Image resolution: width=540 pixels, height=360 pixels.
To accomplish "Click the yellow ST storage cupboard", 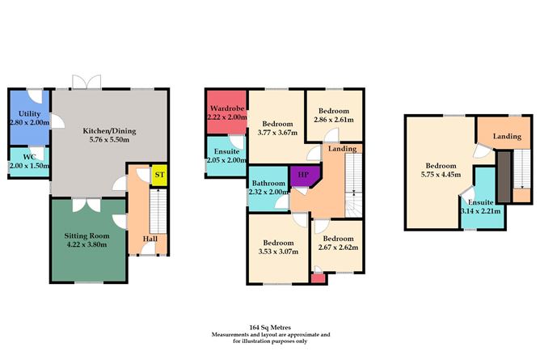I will [159, 174].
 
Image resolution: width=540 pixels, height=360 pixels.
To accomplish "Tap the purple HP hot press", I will [304, 176].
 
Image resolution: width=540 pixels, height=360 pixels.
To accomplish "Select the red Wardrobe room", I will [226, 112].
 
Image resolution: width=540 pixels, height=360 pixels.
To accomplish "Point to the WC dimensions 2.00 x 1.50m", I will [29, 165].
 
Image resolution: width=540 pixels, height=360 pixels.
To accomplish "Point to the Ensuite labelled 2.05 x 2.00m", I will [225, 155].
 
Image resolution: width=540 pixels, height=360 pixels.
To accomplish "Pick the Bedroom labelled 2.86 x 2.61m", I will [333, 114].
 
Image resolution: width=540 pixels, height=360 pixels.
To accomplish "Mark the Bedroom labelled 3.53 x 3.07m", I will [277, 246].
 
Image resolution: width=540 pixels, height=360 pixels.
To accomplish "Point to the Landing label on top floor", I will [507, 136].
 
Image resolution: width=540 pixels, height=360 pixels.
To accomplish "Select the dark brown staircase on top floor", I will [504, 176].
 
